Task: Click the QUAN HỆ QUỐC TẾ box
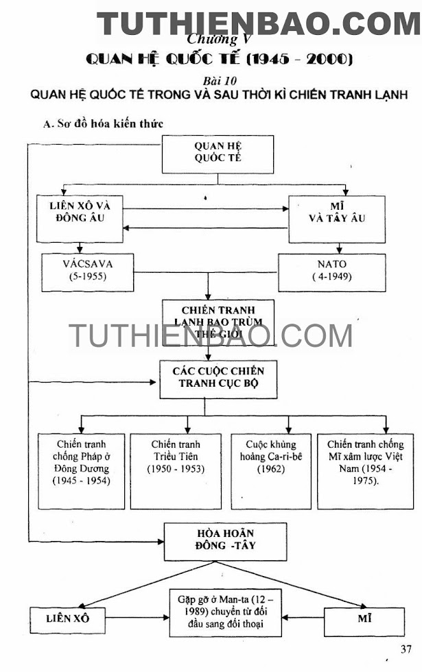[x=218, y=154]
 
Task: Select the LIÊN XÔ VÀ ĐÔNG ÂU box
[x=81, y=217]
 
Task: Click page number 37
[x=406, y=649]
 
